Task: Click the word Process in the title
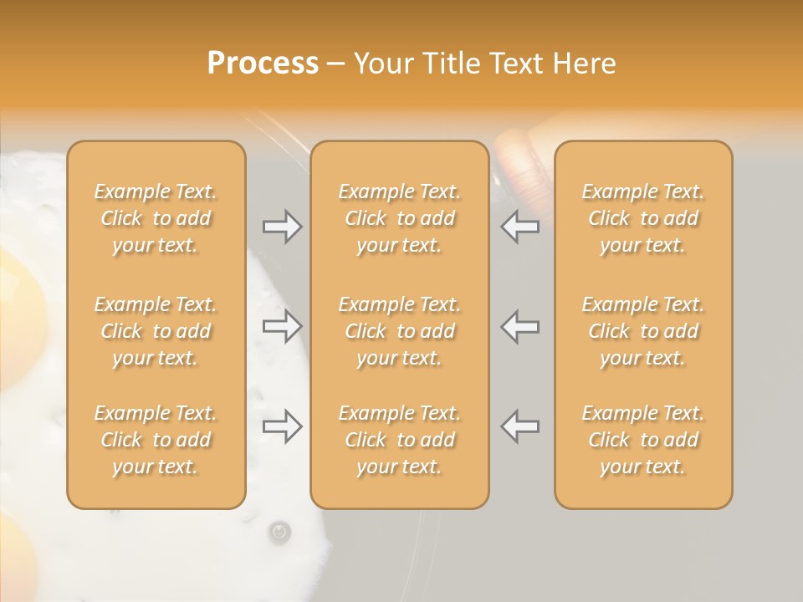(x=263, y=64)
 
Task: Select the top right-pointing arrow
(x=283, y=227)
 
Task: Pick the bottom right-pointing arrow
(x=283, y=426)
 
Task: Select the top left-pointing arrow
(x=520, y=227)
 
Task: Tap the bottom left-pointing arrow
(x=520, y=426)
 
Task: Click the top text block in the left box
(x=156, y=218)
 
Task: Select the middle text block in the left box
(x=156, y=331)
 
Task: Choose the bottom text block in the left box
(x=156, y=440)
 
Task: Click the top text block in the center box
(x=399, y=218)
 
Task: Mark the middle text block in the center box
(x=399, y=331)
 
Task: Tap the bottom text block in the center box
(x=399, y=440)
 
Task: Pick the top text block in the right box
(x=642, y=218)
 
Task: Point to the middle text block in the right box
(x=642, y=331)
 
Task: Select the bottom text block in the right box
(x=642, y=440)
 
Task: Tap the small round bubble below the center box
(x=279, y=532)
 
